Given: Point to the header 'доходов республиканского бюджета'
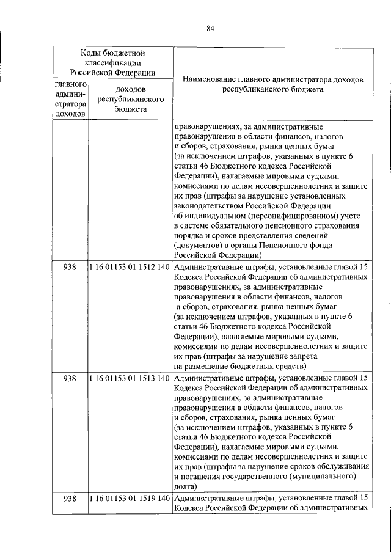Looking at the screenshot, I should click(x=130, y=99).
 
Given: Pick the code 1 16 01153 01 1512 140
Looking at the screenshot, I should click(x=129, y=268).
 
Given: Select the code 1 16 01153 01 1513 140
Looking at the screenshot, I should click(x=129, y=378).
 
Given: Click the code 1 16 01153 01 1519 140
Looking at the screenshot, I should click(x=129, y=499).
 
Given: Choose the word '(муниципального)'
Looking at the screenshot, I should click(x=325, y=476).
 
